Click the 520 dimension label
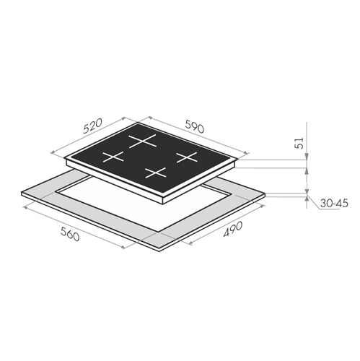93,126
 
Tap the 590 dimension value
195,126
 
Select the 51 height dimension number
299,143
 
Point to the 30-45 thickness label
334,204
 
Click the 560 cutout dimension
70,234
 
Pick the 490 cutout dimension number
233,229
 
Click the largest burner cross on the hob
142,141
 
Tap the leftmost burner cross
113,157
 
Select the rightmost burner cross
187,157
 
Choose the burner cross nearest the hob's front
156,173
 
